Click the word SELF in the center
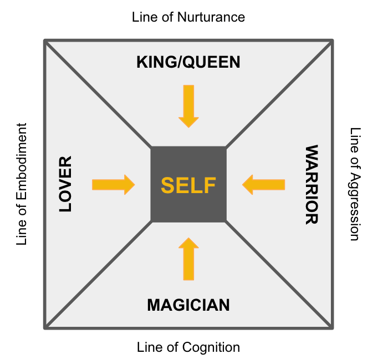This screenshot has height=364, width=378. (x=188, y=185)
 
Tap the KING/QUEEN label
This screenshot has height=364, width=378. (x=188, y=62)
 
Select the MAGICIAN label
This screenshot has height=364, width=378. (x=188, y=305)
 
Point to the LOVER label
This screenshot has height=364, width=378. (x=65, y=185)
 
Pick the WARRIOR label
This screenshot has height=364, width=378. (x=311, y=185)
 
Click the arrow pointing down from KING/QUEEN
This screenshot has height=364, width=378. (x=188, y=106)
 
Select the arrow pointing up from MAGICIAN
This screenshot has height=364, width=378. (x=188, y=259)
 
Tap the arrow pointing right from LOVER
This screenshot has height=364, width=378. (x=113, y=185)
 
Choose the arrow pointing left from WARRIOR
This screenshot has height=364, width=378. (x=264, y=185)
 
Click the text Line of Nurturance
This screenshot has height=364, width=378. (x=188, y=17)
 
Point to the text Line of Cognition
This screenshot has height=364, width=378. (x=188, y=347)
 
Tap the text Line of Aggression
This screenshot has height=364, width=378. (x=355, y=184)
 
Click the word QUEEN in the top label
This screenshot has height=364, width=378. (x=213, y=62)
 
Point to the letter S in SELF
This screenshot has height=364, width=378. (x=168, y=185)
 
